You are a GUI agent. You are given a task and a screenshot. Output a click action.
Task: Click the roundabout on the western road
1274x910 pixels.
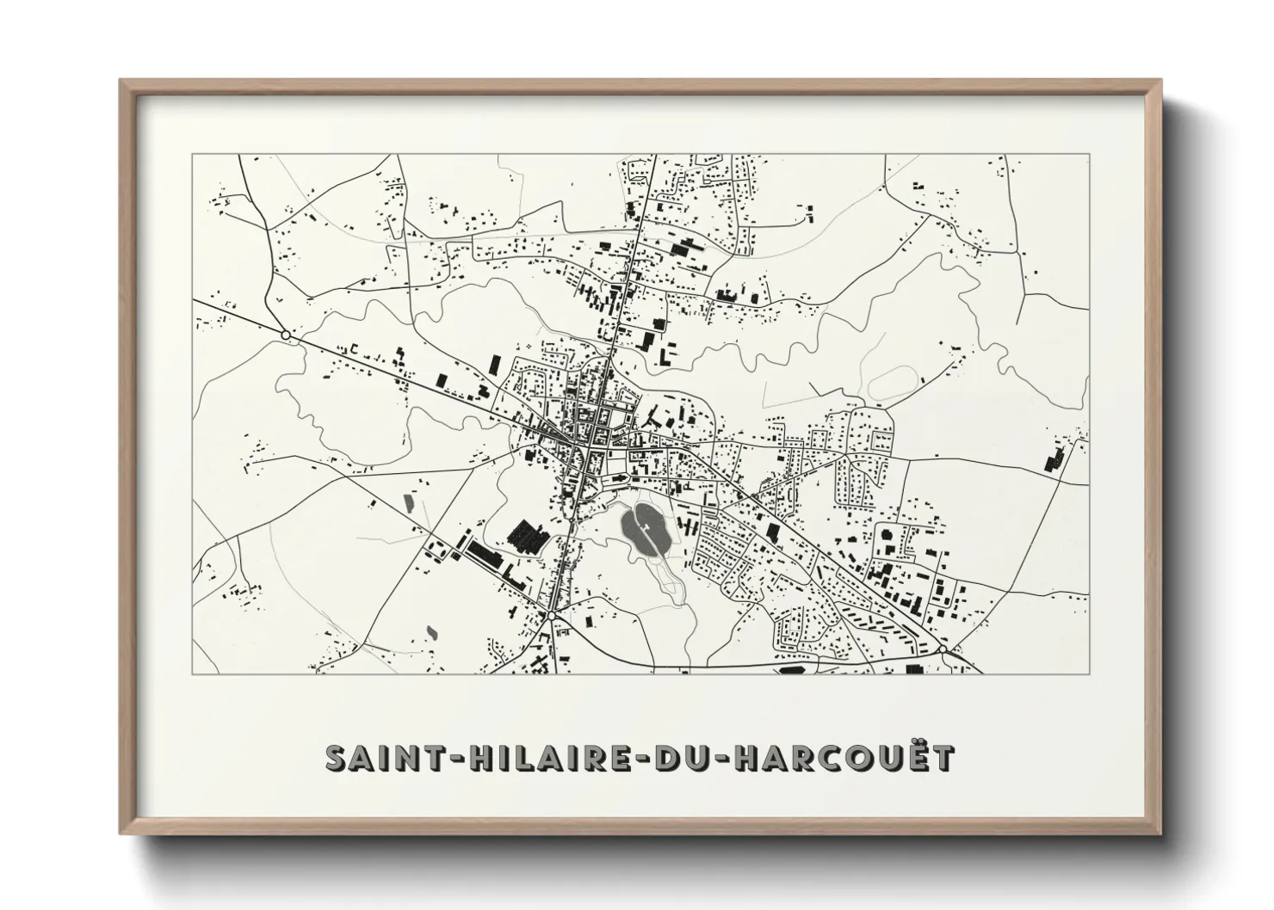(285, 334)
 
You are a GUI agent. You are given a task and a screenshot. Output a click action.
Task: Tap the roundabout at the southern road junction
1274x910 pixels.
(550, 616)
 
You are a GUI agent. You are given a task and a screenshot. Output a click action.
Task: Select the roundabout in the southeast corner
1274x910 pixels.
(944, 649)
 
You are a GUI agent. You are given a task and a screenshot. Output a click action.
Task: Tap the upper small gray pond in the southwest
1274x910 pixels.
(408, 500)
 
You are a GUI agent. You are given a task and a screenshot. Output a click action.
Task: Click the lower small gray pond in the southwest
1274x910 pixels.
(430, 631)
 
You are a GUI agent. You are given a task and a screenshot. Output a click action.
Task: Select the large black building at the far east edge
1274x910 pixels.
(1053, 459)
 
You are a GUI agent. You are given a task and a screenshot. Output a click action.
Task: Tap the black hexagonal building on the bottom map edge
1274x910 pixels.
(789, 668)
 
